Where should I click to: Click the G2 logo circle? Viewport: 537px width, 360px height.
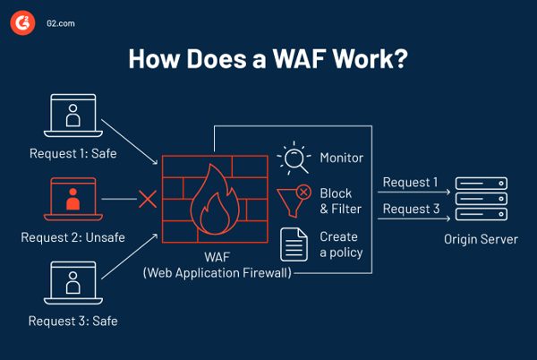(x=21, y=25)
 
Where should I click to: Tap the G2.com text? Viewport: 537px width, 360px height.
(x=61, y=25)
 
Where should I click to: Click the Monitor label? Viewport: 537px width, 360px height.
(x=342, y=159)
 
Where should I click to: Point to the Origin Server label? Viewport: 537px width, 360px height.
(x=481, y=240)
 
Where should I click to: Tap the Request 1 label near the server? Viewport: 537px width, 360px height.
(x=410, y=183)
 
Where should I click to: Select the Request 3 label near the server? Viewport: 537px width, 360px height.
(x=410, y=210)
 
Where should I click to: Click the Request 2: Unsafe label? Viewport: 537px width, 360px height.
(x=72, y=238)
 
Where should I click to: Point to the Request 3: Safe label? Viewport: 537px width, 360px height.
(x=72, y=320)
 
